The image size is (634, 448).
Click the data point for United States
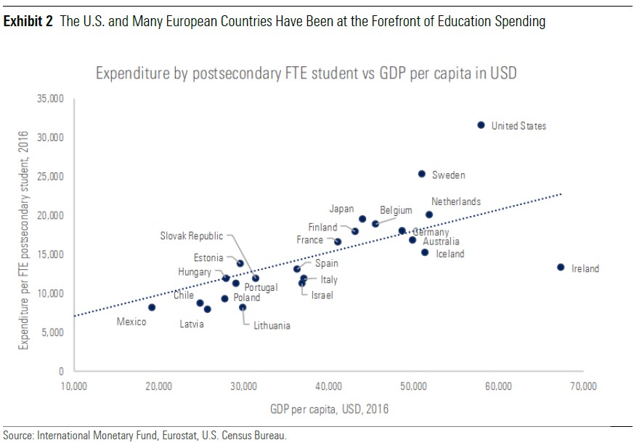tap(481, 125)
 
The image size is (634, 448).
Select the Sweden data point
tap(421, 174)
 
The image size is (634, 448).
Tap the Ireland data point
tap(560, 267)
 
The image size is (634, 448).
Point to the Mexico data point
tap(152, 308)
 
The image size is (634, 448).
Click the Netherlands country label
tap(455, 201)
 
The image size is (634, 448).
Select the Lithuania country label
tap(272, 326)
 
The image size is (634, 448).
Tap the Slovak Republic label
tap(192, 236)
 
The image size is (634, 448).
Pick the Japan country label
tap(341, 209)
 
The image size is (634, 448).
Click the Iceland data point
tap(425, 252)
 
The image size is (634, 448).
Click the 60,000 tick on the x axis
tap(498, 385)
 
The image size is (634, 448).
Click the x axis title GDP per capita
tap(330, 409)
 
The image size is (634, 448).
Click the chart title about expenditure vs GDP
tap(306, 73)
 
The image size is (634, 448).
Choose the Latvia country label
tap(192, 324)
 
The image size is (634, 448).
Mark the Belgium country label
tap(396, 210)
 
